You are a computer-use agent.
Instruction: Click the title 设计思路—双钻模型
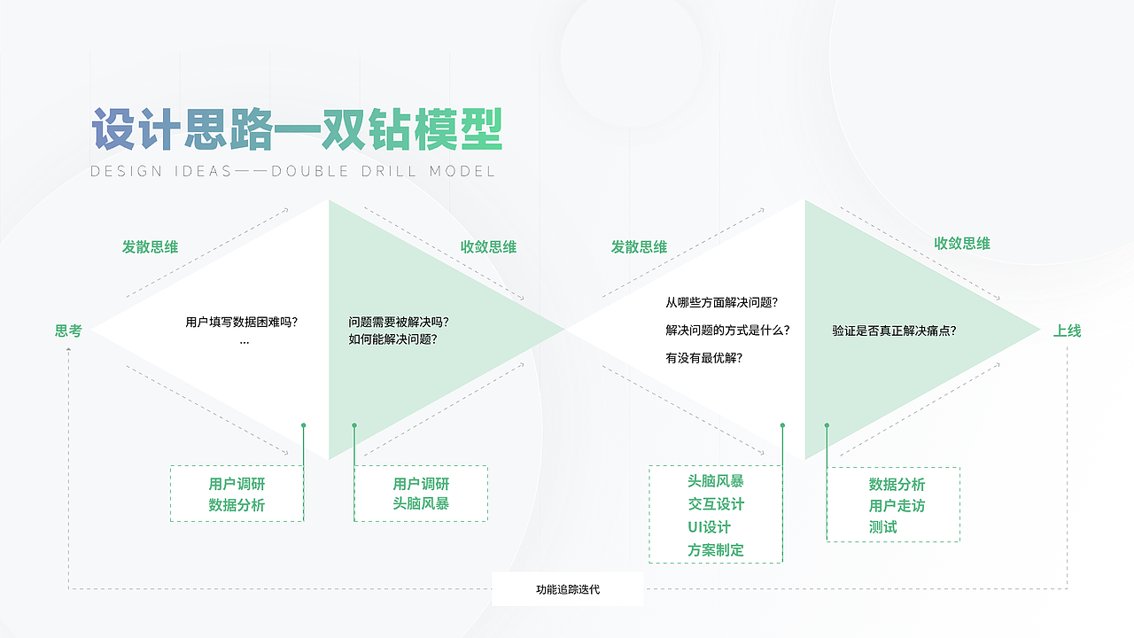(297, 131)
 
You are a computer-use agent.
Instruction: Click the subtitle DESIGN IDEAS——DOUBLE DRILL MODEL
(293, 171)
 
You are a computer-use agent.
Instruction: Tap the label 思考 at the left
(68, 331)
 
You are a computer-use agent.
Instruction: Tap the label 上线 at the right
(1067, 331)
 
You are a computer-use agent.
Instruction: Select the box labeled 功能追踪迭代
(567, 588)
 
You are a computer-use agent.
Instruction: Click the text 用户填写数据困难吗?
(242, 322)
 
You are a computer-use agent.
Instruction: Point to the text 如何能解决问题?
(392, 338)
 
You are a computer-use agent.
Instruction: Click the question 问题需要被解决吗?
(405, 322)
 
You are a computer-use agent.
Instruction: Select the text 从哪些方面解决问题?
(722, 302)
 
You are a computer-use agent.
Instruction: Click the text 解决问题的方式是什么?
(727, 330)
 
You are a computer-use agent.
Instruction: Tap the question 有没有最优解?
(704, 358)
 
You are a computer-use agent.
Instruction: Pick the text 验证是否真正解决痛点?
(894, 331)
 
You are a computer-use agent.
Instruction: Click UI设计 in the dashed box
(709, 527)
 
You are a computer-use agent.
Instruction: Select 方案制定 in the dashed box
(716, 550)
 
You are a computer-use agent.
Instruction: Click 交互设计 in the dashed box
(716, 504)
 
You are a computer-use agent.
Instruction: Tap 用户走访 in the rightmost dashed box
(897, 506)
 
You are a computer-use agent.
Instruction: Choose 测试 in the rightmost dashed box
(882, 527)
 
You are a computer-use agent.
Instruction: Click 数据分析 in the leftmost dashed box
(237, 505)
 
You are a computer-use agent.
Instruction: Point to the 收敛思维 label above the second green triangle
(962, 243)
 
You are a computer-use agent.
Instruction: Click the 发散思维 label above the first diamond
(150, 246)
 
